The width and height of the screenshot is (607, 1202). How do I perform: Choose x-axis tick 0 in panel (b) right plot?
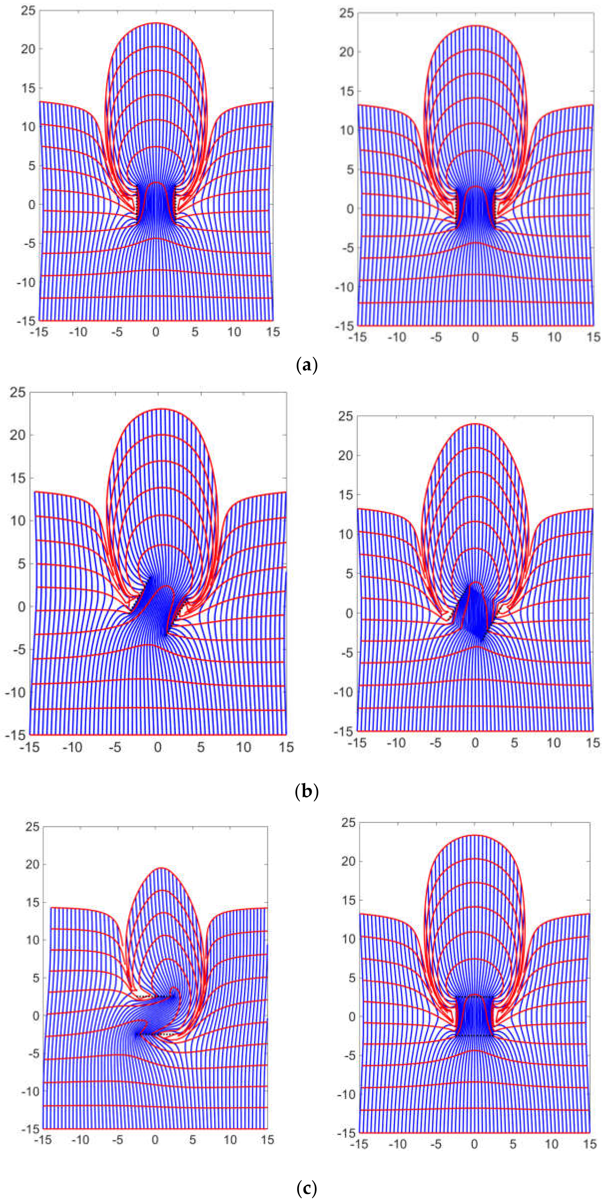coord(475,743)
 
